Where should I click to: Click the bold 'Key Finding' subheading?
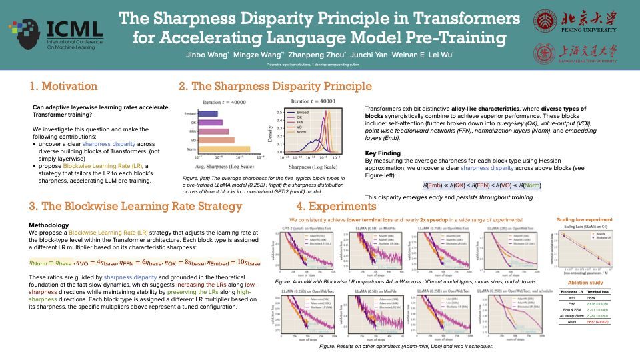tap(383, 153)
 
